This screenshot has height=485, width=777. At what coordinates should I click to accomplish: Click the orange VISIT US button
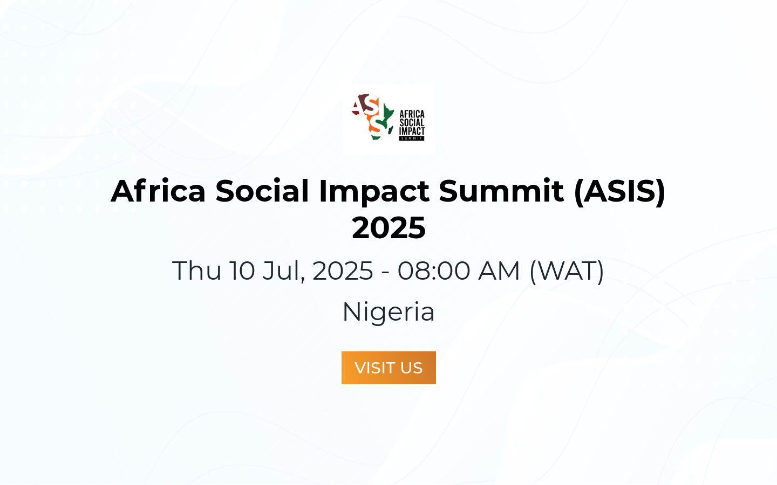(x=388, y=368)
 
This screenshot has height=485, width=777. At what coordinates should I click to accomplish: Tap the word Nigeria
(x=388, y=312)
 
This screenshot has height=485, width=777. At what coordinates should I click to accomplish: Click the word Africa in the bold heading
(x=158, y=191)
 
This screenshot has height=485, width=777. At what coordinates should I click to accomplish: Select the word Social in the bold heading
(x=262, y=191)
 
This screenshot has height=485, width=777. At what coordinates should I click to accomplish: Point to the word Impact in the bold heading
(x=374, y=191)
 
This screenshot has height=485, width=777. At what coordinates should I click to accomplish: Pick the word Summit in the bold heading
(x=501, y=191)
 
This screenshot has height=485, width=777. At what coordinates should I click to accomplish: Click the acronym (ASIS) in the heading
(x=619, y=191)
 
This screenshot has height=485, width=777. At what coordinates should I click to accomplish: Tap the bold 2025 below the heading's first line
(x=388, y=227)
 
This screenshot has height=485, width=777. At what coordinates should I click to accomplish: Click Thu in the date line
(x=196, y=271)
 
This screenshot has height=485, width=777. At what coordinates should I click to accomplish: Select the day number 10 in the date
(x=242, y=271)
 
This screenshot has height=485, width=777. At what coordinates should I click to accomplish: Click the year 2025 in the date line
(x=343, y=271)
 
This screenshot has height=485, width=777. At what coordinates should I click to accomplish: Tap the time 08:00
(x=434, y=271)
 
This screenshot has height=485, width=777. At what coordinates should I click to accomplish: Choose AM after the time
(x=499, y=271)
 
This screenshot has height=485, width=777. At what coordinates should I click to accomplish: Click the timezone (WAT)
(x=567, y=271)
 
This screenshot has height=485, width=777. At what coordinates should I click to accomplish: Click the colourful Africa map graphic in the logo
(x=373, y=117)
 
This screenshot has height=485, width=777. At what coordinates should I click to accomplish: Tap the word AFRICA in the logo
(x=412, y=114)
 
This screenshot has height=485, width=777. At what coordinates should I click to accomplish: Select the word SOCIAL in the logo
(x=412, y=123)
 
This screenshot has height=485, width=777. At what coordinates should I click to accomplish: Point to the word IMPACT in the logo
(x=412, y=131)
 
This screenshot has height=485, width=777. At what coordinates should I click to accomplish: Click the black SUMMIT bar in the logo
(x=412, y=138)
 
